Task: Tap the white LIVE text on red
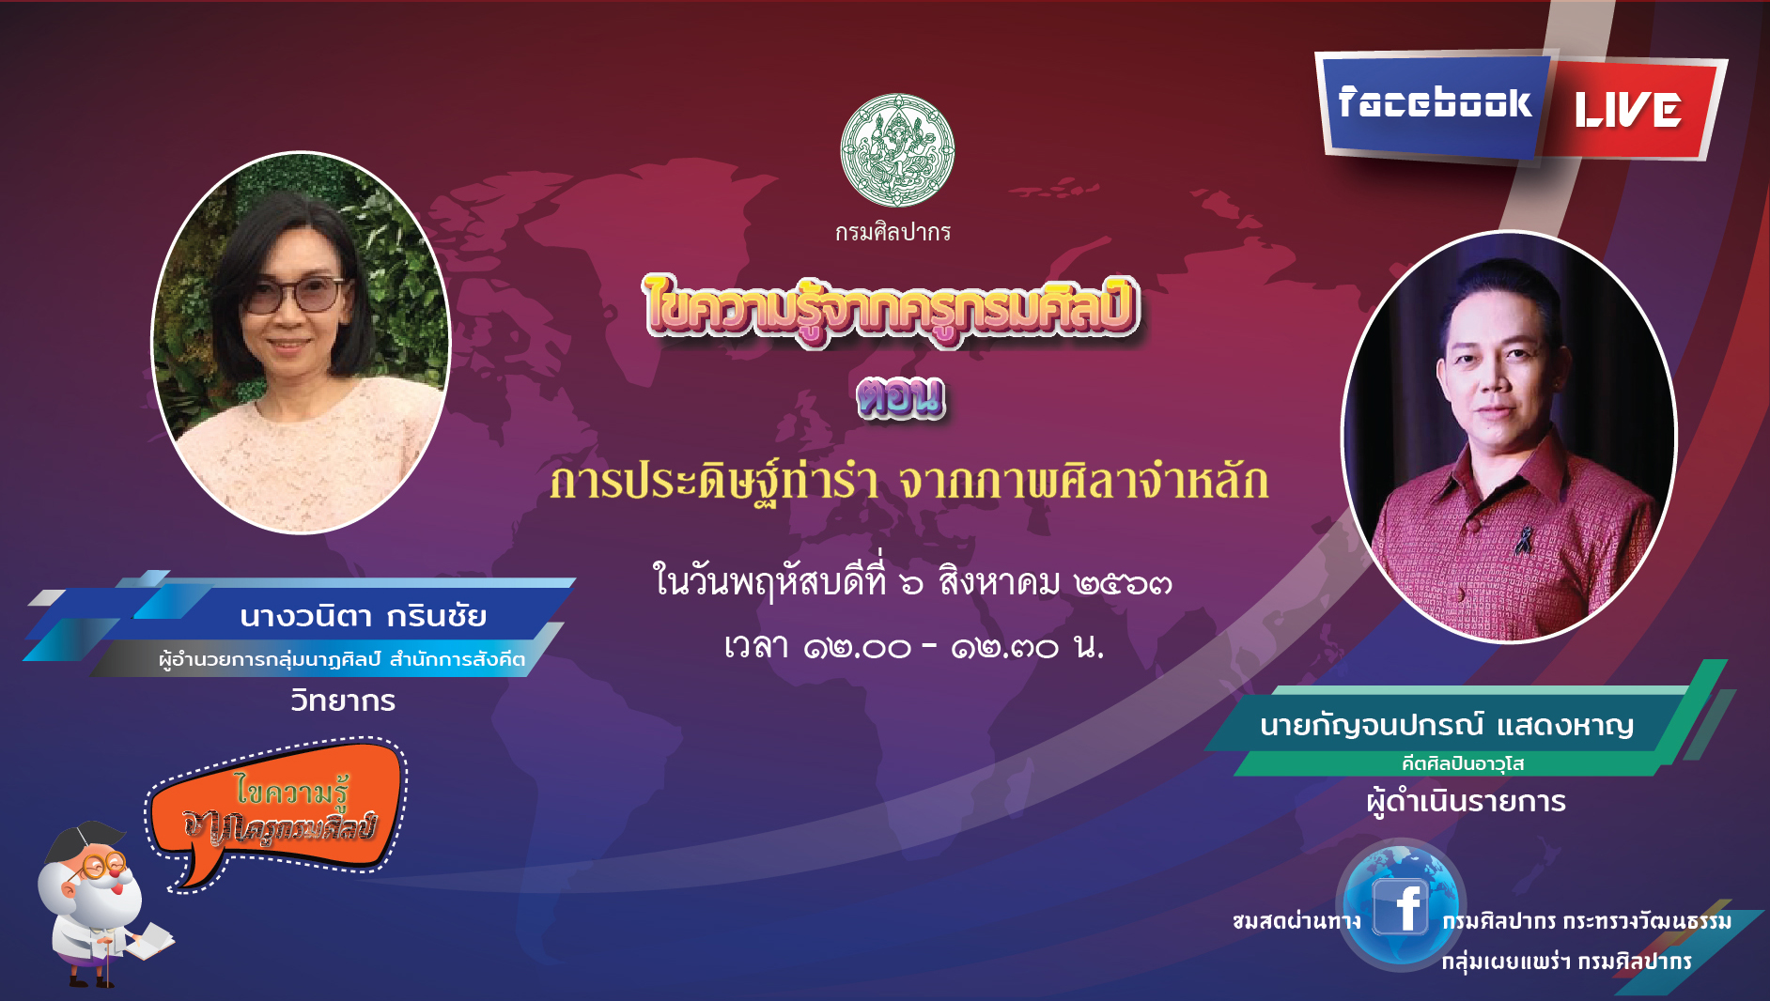coord(1628,110)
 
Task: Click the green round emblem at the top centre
coord(897,150)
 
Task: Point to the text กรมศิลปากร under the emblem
coord(893,232)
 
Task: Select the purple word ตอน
coord(900,396)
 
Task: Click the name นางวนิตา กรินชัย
coord(363,616)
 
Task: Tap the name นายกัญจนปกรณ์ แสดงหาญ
coord(1447,725)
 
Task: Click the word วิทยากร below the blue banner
coord(343,701)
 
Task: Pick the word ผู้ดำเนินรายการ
coord(1467,801)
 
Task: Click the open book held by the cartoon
coord(148,941)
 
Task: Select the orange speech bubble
coord(277,812)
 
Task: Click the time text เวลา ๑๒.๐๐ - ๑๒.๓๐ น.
coord(913,646)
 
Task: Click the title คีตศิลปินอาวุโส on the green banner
coord(1463,763)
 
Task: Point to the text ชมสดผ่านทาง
coord(1296,921)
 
